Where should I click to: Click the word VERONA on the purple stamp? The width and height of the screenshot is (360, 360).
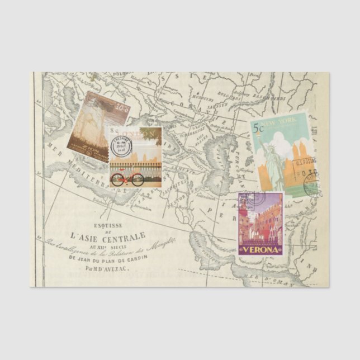260,250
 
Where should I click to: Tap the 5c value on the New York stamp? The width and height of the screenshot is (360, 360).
258,128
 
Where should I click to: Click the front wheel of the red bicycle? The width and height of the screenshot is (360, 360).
138,180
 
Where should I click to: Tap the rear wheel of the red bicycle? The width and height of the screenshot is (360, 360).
117,180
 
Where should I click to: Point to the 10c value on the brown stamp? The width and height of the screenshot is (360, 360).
122,107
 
